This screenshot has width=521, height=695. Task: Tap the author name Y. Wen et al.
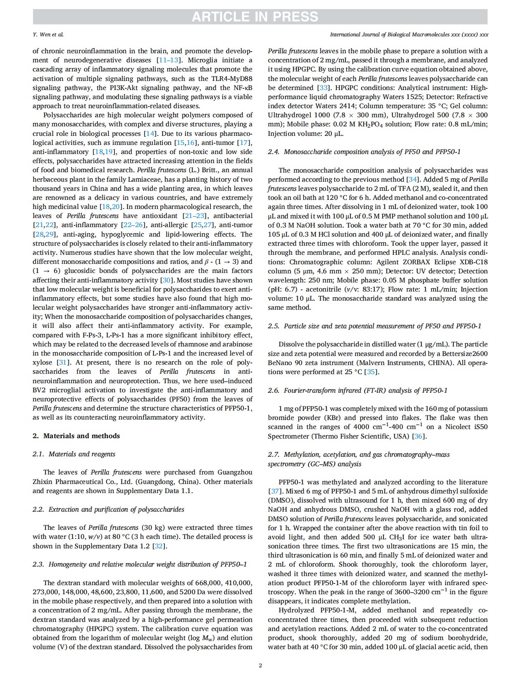tap(48, 34)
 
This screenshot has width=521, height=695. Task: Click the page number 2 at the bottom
tap(260, 665)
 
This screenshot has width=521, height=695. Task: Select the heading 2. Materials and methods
tap(76, 436)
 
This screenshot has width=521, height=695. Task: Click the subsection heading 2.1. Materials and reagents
tap(74, 454)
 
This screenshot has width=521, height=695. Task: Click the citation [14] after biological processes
tap(150, 133)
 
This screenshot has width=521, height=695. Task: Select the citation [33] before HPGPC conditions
tap(323, 88)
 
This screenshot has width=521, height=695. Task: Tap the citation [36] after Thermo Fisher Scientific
tap(419, 436)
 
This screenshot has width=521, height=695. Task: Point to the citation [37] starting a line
tap(275, 491)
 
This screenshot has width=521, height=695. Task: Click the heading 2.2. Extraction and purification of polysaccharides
tap(108, 509)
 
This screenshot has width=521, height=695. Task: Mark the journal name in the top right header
tap(409, 34)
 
